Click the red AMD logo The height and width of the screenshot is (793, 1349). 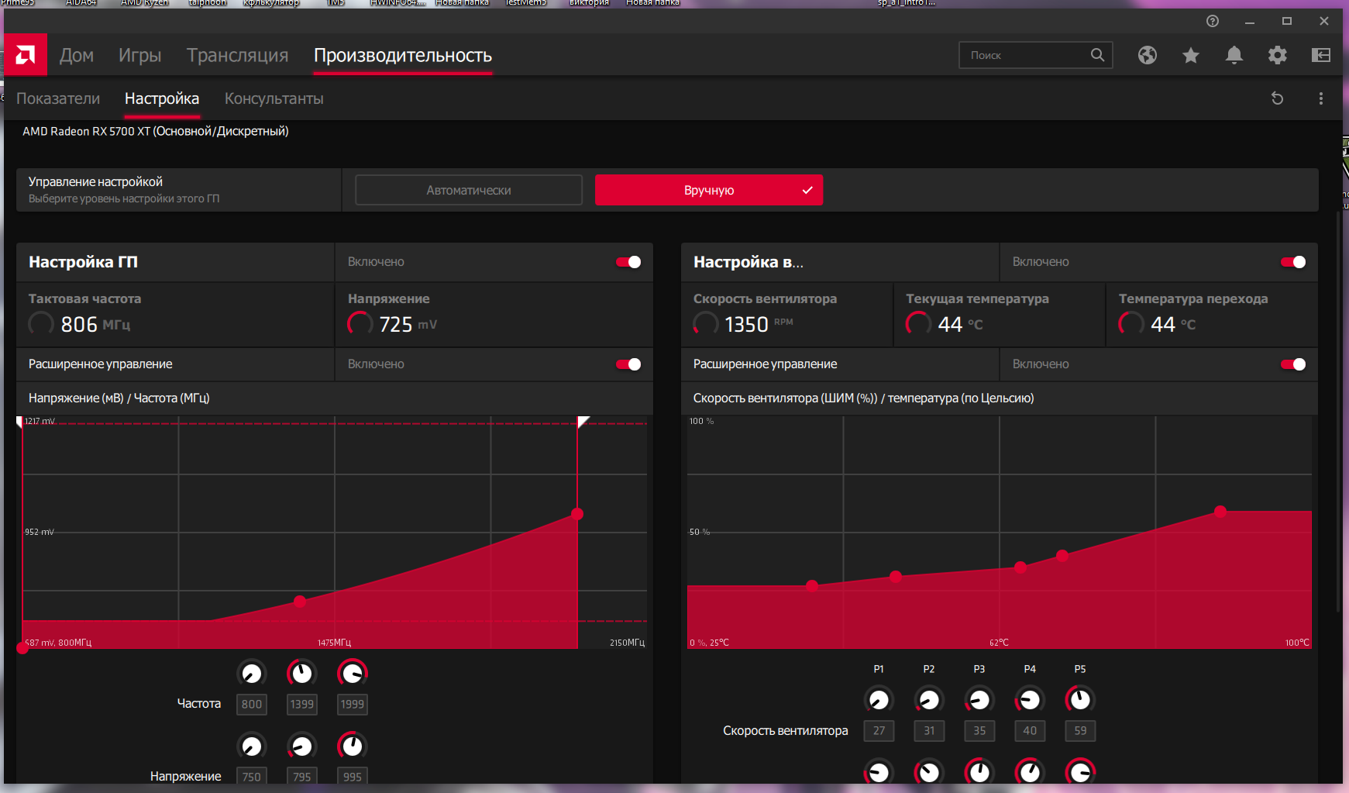(26, 55)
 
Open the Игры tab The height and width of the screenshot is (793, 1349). (139, 56)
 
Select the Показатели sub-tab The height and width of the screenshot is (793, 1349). (58, 99)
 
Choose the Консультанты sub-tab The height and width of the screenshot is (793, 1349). (274, 99)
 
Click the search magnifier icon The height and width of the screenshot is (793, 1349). (1097, 55)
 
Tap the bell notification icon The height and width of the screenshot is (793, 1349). (1234, 55)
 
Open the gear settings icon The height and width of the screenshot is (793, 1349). (1277, 55)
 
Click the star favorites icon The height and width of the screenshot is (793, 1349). (1191, 55)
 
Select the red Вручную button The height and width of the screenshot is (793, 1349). (708, 190)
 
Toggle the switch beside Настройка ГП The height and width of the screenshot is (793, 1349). (628, 262)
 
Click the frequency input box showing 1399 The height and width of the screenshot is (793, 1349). (301, 705)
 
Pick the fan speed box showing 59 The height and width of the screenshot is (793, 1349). (1080, 731)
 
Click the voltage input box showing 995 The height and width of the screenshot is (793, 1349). (352, 776)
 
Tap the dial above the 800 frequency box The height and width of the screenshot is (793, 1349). (251, 674)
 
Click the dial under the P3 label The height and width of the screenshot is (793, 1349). (979, 700)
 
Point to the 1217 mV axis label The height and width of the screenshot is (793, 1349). (40, 422)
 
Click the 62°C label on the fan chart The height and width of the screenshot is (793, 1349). (999, 643)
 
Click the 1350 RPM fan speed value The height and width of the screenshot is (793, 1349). (746, 324)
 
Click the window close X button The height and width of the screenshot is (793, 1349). (1324, 22)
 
